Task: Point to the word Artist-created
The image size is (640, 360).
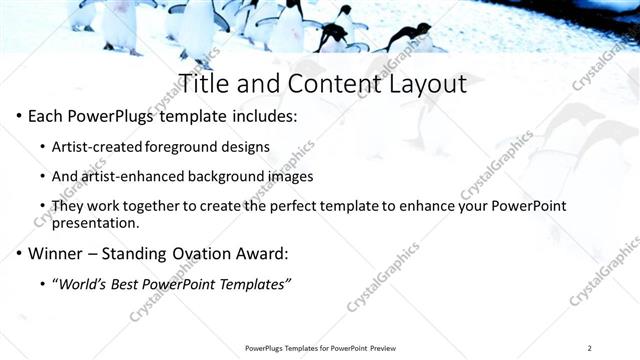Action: click(98, 147)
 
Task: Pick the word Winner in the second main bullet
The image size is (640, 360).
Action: click(55, 253)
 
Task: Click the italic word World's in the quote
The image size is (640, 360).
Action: click(83, 284)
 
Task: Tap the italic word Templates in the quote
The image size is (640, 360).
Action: click(250, 284)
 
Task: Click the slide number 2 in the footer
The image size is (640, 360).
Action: click(590, 348)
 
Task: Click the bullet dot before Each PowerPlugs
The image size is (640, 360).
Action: click(20, 117)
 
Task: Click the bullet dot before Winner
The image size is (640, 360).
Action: click(20, 253)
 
